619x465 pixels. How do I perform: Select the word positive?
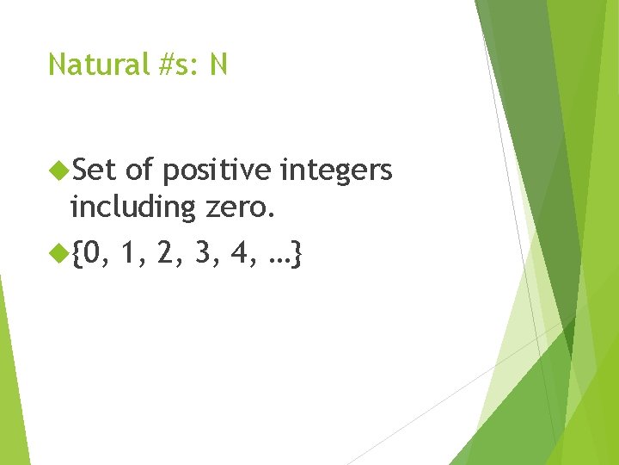[x=218, y=172]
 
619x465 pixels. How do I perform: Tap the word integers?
[x=337, y=172]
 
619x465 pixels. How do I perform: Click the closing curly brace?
[x=297, y=255]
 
